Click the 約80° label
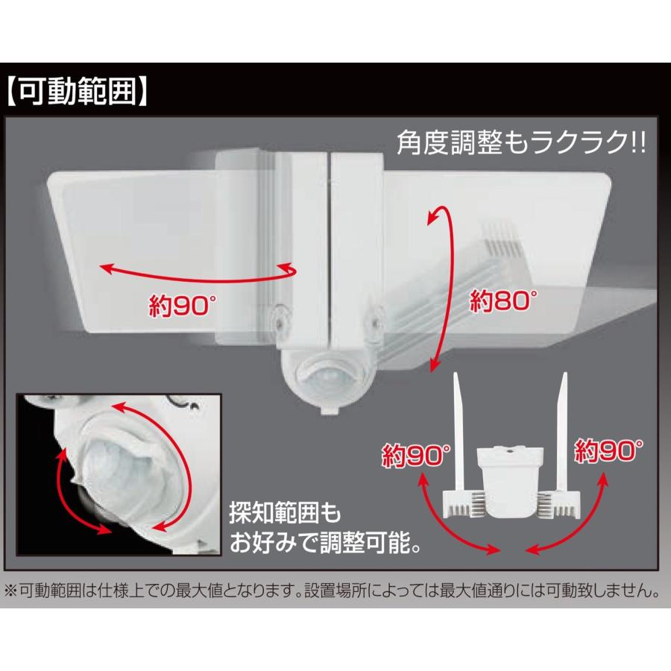click(x=503, y=302)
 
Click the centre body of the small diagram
click(x=510, y=477)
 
